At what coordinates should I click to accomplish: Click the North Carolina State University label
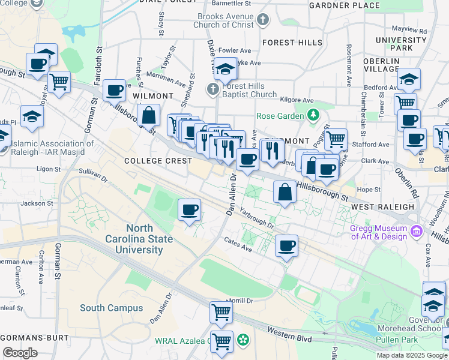click(x=149, y=239)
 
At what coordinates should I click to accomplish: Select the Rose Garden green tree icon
click(x=312, y=115)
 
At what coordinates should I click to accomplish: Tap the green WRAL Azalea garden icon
click(x=243, y=341)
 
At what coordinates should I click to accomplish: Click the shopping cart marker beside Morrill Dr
click(x=221, y=311)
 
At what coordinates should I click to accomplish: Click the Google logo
click(x=20, y=352)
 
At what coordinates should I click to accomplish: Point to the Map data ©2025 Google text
click(x=412, y=355)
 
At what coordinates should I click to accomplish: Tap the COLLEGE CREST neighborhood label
click(x=158, y=161)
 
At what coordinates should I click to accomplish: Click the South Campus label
click(x=112, y=308)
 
